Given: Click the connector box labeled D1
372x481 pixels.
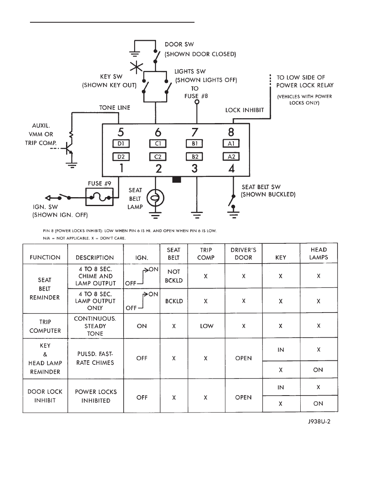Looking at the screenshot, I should coord(120,143).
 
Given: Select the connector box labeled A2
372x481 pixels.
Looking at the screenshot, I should coord(231,156).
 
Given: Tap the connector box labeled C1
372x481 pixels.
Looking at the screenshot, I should coord(158,143).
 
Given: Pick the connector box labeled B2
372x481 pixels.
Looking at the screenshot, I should coord(195,156).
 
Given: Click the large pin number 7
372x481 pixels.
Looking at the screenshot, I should coord(195,132).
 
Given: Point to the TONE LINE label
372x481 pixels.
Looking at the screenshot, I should coord(115,108).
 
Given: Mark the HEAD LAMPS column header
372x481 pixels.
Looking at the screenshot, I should coord(318,253).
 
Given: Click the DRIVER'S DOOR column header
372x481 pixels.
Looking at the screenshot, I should coord(243,253).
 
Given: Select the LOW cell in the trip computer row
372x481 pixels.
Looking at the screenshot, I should coord(206,326).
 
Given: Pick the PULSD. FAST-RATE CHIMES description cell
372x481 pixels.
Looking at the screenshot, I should coord(96,358).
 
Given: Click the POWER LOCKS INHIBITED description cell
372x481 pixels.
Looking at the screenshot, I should coord(96,396).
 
